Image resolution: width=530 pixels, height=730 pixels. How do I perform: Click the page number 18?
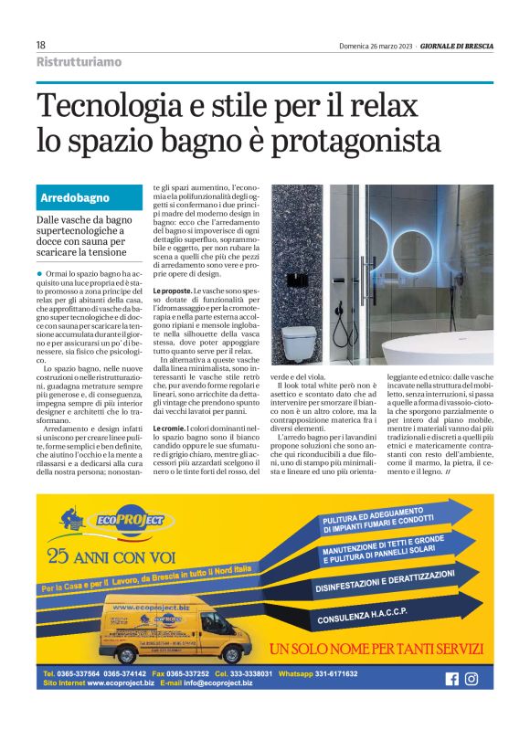[41, 45]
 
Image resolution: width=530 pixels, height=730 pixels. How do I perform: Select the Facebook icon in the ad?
[450, 678]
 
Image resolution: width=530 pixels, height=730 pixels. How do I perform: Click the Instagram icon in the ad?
[472, 678]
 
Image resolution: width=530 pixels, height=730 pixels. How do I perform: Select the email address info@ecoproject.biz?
[207, 683]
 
